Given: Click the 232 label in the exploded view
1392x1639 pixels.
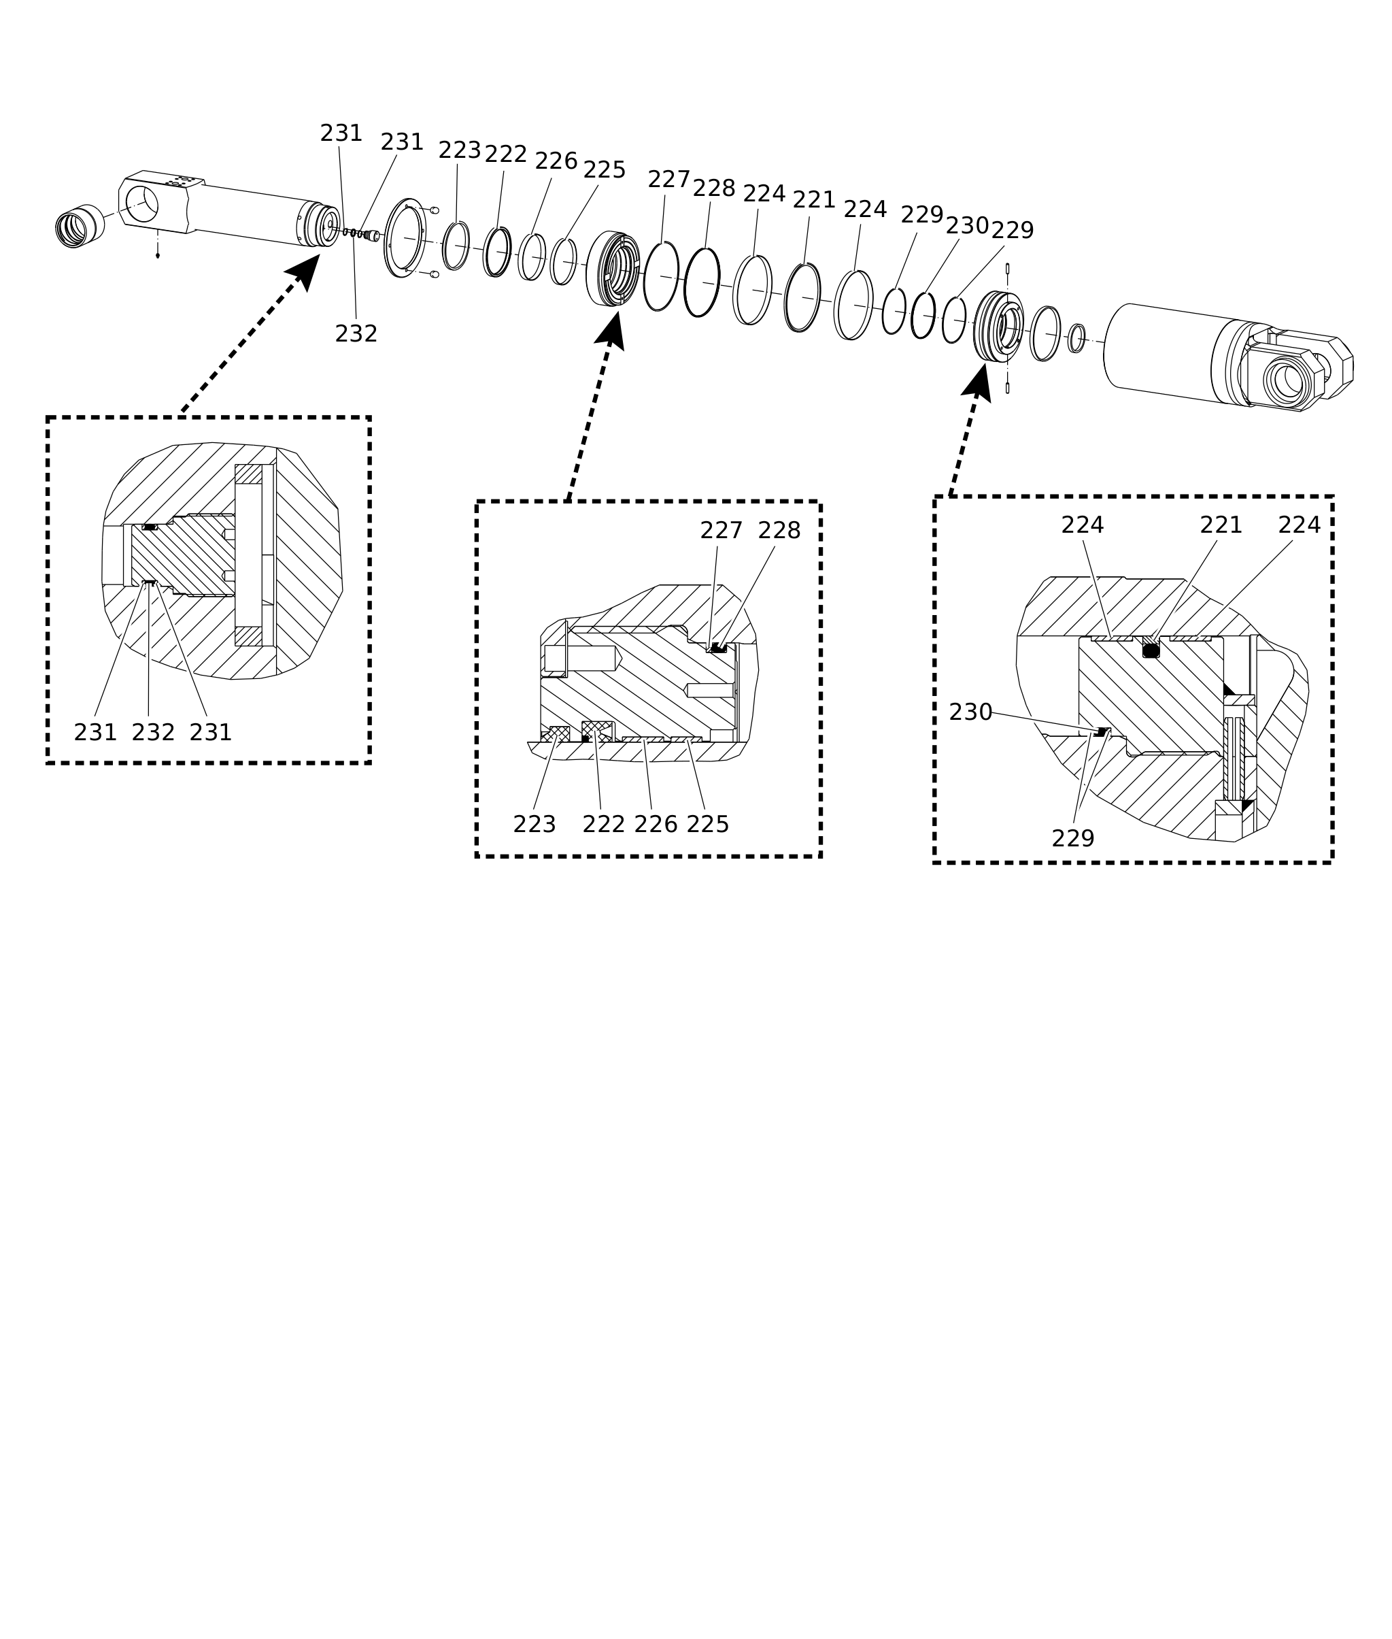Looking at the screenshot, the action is pyautogui.click(x=356, y=334).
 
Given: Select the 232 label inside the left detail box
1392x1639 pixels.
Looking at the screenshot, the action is pyautogui.click(x=152, y=733).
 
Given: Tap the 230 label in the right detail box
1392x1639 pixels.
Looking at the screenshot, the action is pyautogui.click(x=970, y=712).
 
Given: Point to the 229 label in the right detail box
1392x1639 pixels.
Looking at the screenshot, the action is pyautogui.click(x=1072, y=838).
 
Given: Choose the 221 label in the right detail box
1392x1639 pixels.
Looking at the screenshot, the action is pyautogui.click(x=1221, y=525).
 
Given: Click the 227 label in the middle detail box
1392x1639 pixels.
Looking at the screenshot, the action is pyautogui.click(x=722, y=531).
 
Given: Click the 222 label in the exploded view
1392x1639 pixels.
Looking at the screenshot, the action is pyautogui.click(x=505, y=154).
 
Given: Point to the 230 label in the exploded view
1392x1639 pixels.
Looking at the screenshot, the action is pyautogui.click(x=967, y=226).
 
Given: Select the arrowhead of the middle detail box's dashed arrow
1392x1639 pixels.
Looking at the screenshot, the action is pyautogui.click(x=611, y=329).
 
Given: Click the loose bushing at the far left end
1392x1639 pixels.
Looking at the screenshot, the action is pyautogui.click(x=80, y=226).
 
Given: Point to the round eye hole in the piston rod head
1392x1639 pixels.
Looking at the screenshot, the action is pyautogui.click(x=142, y=203).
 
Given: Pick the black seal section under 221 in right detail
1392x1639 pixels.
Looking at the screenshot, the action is pyautogui.click(x=1151, y=650).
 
